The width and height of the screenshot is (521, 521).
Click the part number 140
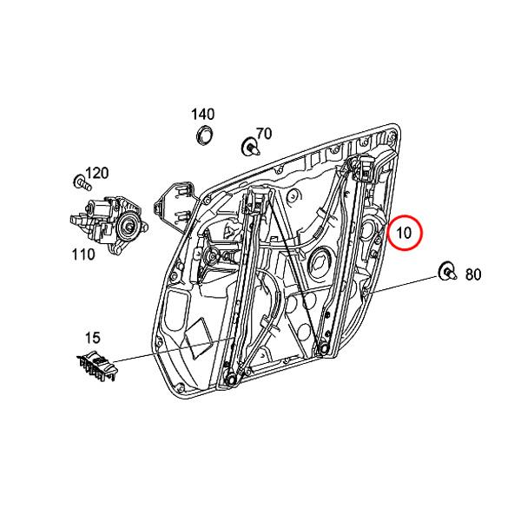pos(202,114)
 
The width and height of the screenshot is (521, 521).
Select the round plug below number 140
pos(206,135)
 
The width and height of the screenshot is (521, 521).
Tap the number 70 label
pos(263,133)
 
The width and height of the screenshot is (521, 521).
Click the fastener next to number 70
pos(248,147)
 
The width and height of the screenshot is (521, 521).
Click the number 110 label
pos(82,254)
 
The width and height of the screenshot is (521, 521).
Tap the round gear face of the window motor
pos(130,228)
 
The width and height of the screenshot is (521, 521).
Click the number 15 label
pos(92,337)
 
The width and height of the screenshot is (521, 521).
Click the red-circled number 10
pos(405,233)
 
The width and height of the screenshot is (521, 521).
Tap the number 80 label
pos(472,274)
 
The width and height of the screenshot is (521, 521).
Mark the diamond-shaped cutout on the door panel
pos(197,334)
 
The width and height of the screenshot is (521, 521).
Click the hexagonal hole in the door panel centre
pos(321,260)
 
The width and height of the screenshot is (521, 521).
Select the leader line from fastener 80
pos(408,286)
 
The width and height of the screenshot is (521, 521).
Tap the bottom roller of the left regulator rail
pos(231,380)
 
